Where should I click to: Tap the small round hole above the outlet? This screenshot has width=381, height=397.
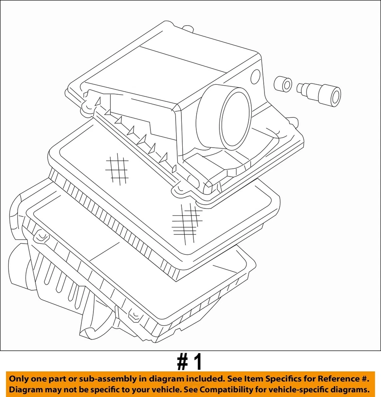pyautogui.click(x=255, y=77)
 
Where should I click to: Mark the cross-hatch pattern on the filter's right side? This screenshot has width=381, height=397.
pyautogui.click(x=186, y=223)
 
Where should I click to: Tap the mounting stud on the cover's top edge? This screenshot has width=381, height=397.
pyautogui.click(x=188, y=29)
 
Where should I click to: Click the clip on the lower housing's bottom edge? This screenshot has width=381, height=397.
pyautogui.click(x=134, y=316)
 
